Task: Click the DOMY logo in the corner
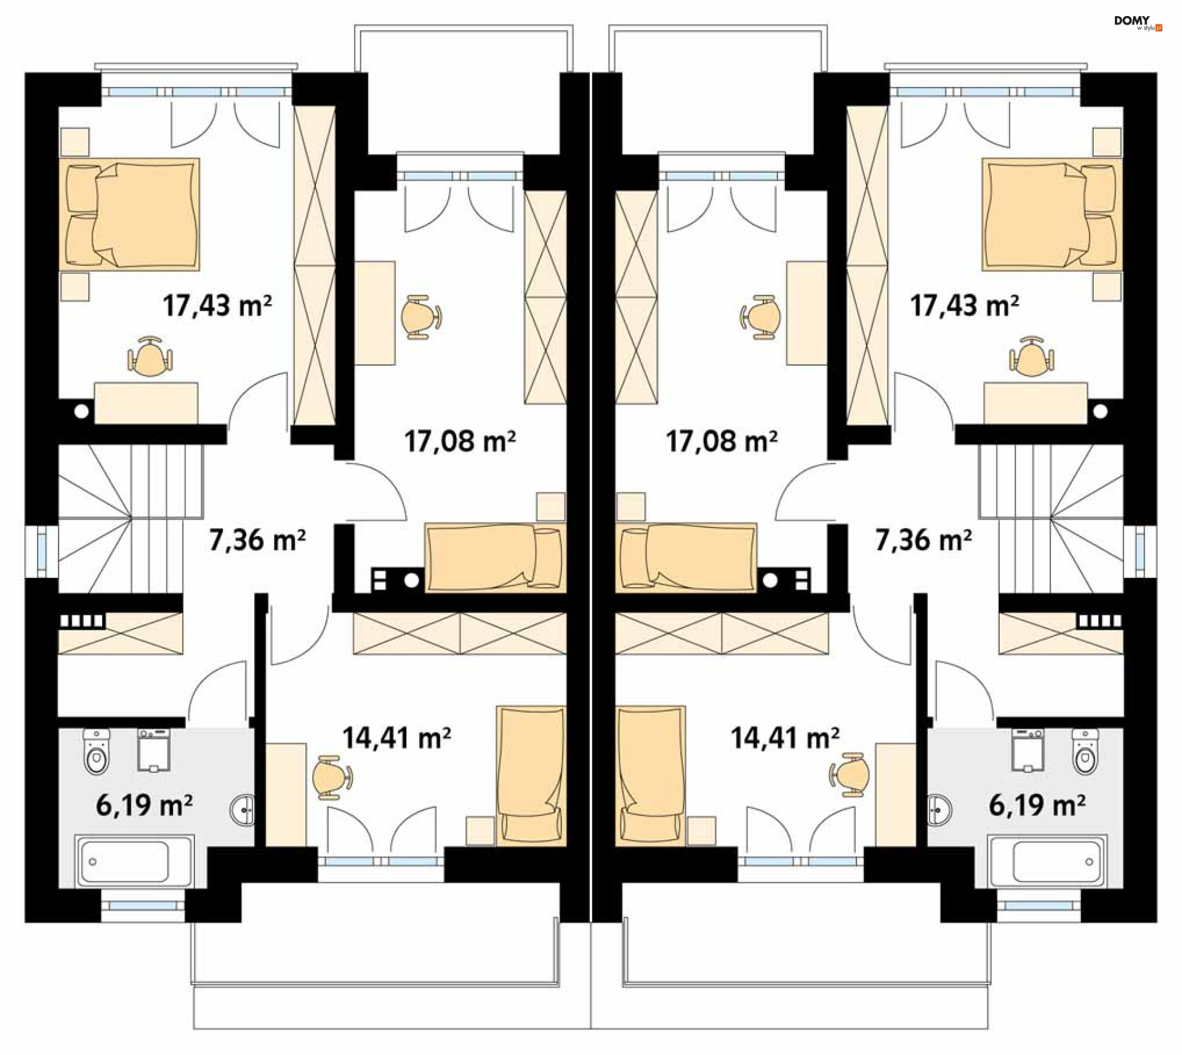[1138, 23]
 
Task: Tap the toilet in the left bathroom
[96, 752]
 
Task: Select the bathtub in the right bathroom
[1047, 861]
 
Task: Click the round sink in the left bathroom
[243, 810]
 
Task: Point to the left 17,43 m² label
[217, 305]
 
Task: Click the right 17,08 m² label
[722, 441]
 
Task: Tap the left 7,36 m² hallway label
[257, 540]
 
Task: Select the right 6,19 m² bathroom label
[1037, 805]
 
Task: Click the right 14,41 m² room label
[785, 738]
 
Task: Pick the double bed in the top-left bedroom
[129, 214]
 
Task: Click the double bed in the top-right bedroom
[1052, 214]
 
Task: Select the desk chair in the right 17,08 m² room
[761, 317]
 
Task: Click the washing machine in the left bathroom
[154, 750]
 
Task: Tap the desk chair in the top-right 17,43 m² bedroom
[1031, 356]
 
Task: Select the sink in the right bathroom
[939, 810]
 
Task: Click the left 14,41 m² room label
[396, 738]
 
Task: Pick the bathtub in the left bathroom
[135, 861]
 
